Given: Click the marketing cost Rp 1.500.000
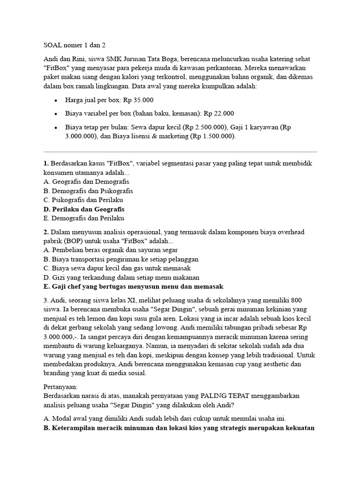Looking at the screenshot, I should click(211, 136).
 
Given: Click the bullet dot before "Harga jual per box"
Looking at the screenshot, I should click(56, 101).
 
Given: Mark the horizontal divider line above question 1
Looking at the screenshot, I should click(180, 152).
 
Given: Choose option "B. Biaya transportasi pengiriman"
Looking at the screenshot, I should click(120, 259).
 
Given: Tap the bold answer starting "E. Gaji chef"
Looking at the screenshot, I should click(133, 286).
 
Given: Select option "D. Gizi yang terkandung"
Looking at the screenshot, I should click(118, 277).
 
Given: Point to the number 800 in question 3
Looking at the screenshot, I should click(297, 300).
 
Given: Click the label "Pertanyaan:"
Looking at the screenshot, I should click(60, 387).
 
